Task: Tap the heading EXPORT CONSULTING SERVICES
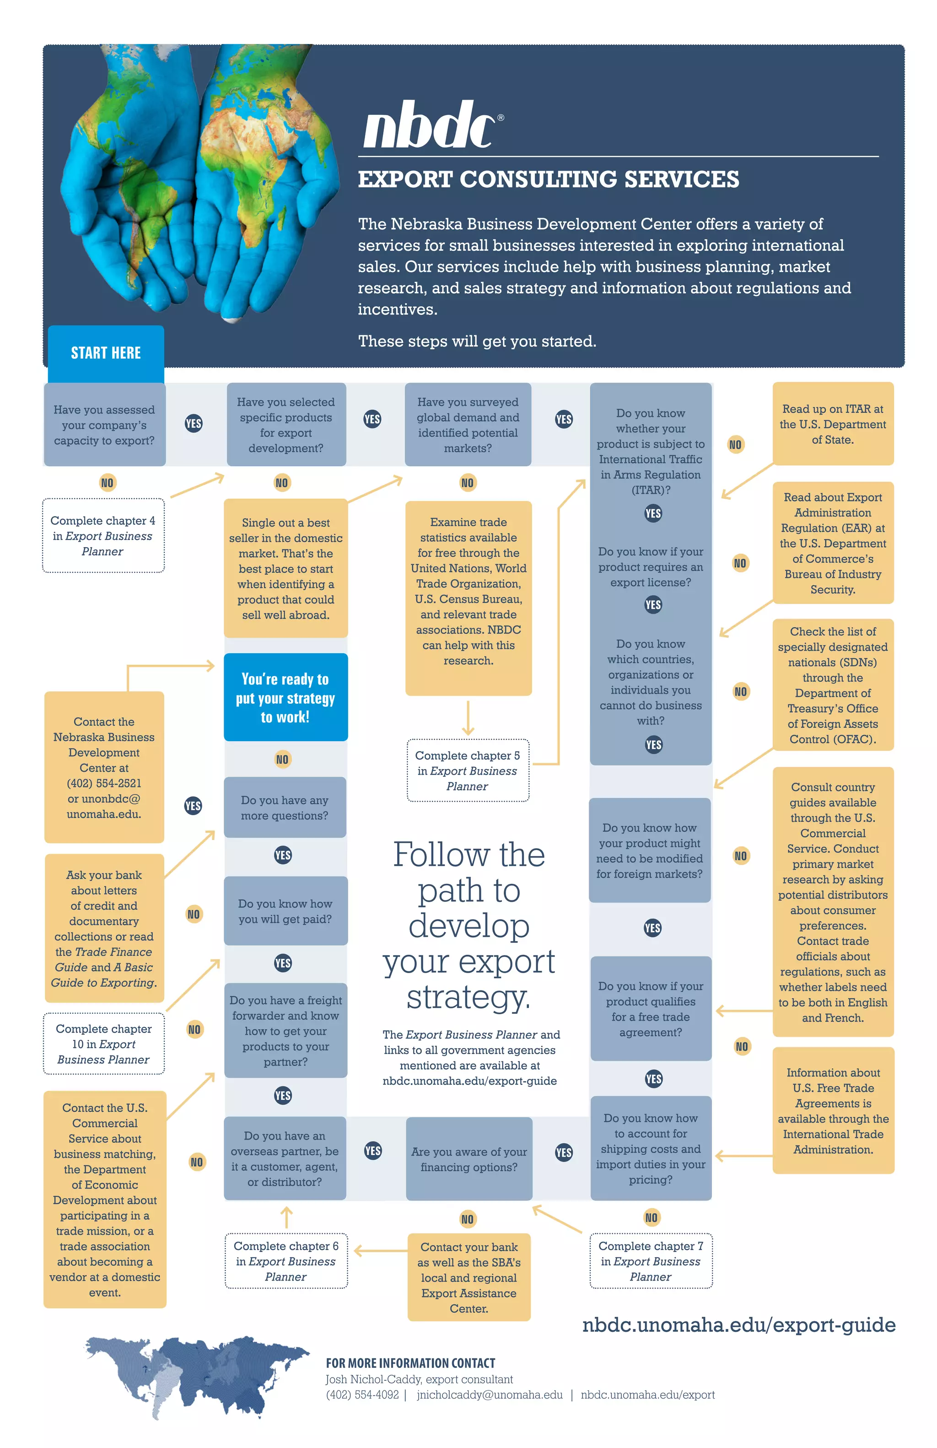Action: pyautogui.click(x=548, y=179)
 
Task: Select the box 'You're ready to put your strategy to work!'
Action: pyautogui.click(x=285, y=697)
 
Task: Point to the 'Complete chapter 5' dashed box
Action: pyautogui.click(x=467, y=770)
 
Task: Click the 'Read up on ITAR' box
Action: pyautogui.click(x=832, y=424)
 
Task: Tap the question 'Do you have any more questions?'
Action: pyautogui.click(x=285, y=807)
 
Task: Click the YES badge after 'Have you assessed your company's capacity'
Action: pyautogui.click(x=194, y=424)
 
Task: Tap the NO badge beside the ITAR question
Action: pyautogui.click(x=735, y=445)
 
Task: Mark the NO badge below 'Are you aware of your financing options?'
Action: pyautogui.click(x=467, y=1219)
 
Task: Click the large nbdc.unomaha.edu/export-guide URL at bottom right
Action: pyautogui.click(x=738, y=1324)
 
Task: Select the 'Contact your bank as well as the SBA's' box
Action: pyautogui.click(x=468, y=1277)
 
